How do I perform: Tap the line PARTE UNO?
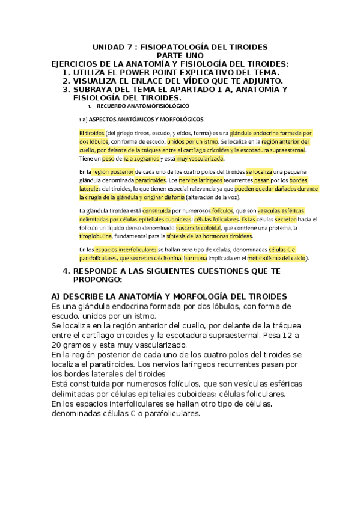coord(180,55)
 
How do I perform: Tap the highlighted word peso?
coord(108,159)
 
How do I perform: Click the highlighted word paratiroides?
coord(150,180)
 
